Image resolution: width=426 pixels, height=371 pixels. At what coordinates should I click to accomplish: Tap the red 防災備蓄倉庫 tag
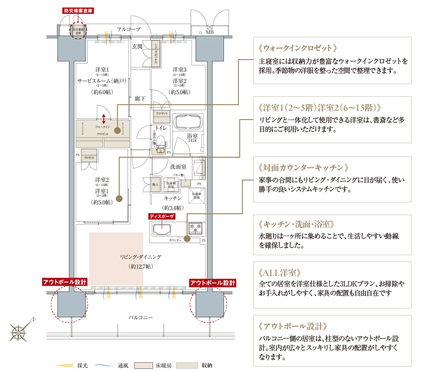pyautogui.click(x=78, y=10)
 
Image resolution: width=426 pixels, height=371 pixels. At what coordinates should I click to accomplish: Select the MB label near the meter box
pyautogui.click(x=209, y=32)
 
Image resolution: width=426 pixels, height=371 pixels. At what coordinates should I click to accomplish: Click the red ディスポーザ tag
pyautogui.click(x=162, y=216)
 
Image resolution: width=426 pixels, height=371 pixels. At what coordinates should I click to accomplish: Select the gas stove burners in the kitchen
pyautogui.click(x=195, y=228)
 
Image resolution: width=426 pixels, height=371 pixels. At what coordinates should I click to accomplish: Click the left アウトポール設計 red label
pyautogui.click(x=64, y=282)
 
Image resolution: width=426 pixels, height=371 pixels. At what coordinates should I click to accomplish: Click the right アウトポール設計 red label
pyautogui.click(x=213, y=282)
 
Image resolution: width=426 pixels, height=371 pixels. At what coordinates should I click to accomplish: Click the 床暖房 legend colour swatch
pyautogui.click(x=143, y=365)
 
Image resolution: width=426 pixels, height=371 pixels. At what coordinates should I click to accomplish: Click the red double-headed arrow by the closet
pyautogui.click(x=103, y=118)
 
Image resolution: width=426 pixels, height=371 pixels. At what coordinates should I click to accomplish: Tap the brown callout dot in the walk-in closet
pyautogui.click(x=117, y=130)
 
